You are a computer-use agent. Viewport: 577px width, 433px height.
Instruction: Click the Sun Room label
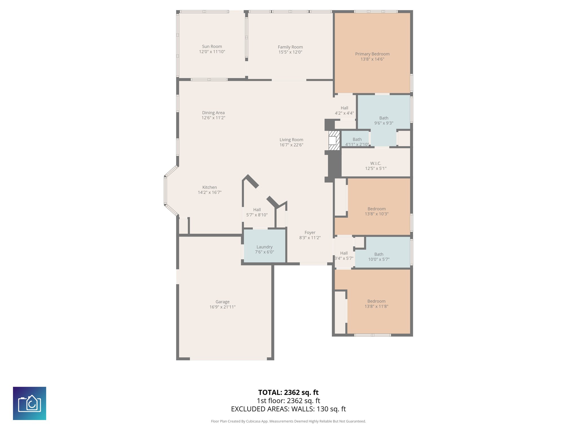pos(212,47)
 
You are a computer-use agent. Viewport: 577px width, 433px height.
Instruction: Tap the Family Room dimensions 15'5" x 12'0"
pos(290,52)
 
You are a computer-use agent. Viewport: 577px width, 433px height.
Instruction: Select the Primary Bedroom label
pos(372,54)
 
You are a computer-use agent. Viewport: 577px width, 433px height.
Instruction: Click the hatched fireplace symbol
pos(334,140)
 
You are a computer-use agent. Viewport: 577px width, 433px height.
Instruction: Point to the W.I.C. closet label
pos(376,163)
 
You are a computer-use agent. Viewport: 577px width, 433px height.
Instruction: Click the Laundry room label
pos(264,247)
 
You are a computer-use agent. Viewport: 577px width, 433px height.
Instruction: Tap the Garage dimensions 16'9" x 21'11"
pos(222,307)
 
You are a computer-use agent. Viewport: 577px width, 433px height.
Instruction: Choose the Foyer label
pos(310,233)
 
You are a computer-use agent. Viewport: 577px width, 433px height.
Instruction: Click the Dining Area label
pos(213,113)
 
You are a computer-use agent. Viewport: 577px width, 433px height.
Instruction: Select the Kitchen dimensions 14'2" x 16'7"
pos(210,193)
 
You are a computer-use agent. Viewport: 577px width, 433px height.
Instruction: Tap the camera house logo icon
pos(30,403)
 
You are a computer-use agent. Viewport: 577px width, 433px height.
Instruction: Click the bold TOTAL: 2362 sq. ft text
pos(288,392)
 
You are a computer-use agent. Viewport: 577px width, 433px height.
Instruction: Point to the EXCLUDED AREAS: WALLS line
pos(288,409)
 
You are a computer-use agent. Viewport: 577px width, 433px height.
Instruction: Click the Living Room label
pos(291,140)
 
